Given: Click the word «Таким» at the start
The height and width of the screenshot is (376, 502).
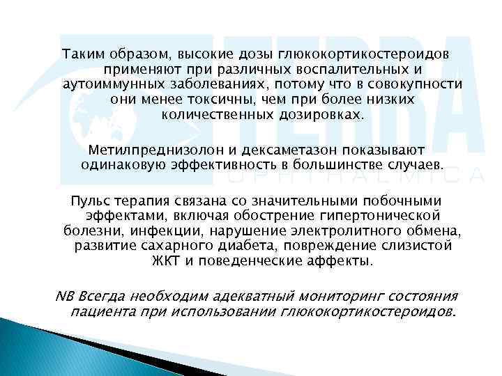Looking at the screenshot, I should coord(81,54).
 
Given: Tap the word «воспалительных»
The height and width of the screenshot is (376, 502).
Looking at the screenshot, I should coord(354,70).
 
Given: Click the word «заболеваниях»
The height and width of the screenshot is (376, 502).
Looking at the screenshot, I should coord(212,85).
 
